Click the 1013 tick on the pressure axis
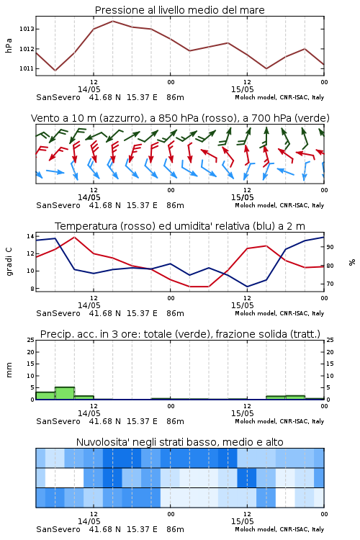click(27, 29)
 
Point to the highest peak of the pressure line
click(112, 21)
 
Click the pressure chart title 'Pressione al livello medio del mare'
click(180, 10)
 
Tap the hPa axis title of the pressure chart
click(9, 45)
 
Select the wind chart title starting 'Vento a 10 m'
click(180, 118)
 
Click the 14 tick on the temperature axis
click(30, 236)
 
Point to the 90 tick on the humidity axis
click(330, 247)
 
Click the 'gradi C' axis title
click(9, 261)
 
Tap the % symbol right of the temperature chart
click(352, 262)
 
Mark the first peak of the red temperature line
click(74, 237)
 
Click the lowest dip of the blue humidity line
click(247, 287)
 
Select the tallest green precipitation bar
click(65, 393)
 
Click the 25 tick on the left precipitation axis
click(31, 340)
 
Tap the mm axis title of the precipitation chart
click(9, 370)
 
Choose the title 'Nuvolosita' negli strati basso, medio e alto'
click(180, 442)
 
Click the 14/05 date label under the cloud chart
click(89, 521)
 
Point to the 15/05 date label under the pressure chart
click(242, 89)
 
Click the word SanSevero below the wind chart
click(58, 205)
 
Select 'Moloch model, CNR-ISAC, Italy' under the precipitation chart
click(279, 421)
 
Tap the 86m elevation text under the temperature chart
click(175, 313)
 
